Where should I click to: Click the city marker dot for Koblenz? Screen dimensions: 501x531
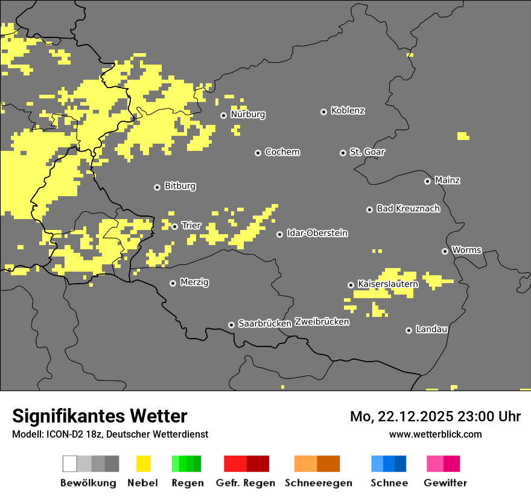(323, 112)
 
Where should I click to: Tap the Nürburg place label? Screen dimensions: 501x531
(247, 115)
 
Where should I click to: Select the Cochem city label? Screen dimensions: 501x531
(282, 152)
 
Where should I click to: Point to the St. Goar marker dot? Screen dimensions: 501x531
(343, 153)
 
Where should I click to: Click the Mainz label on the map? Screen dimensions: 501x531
(447, 180)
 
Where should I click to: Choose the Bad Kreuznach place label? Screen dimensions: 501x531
(408, 209)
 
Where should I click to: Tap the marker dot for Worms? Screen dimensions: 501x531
(445, 251)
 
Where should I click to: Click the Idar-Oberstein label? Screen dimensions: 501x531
(317, 234)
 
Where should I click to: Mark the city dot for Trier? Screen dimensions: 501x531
(175, 226)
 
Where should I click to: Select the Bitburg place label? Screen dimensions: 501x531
(180, 187)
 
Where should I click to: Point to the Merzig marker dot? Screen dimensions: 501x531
(173, 283)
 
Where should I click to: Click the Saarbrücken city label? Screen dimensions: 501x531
(265, 324)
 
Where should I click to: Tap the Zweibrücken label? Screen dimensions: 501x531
(322, 322)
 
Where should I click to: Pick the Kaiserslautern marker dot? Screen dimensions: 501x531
(351, 285)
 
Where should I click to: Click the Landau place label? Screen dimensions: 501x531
(431, 330)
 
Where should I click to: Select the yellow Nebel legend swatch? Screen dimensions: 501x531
(143, 464)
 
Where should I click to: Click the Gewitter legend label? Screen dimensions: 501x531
(445, 483)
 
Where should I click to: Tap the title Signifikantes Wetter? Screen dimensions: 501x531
(100, 416)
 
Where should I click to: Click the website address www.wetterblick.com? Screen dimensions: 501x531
(435, 434)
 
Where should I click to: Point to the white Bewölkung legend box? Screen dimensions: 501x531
(70, 464)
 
